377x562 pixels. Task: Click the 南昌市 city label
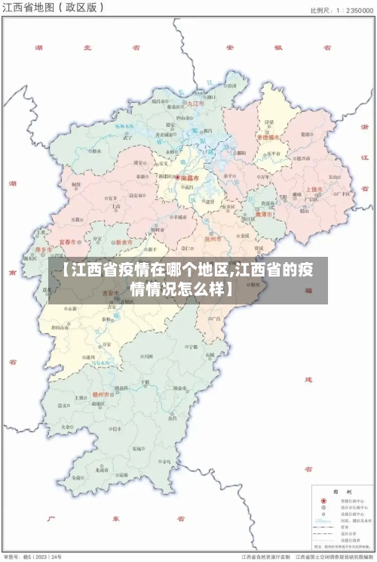pos(188,178)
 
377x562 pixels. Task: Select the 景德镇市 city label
pos(268,137)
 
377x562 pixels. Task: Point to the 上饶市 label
pos(314,189)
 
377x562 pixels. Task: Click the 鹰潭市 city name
pos(265,215)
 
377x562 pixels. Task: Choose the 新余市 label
pos(124,242)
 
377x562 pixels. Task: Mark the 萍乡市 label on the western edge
pos(44,249)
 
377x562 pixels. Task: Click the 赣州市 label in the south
pos(102,394)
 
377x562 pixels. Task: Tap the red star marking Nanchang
pos(177,178)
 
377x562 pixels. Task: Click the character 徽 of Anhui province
pos(277,47)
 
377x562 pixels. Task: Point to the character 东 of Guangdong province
pos(115,519)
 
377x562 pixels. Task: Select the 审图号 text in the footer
pos(12,556)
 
